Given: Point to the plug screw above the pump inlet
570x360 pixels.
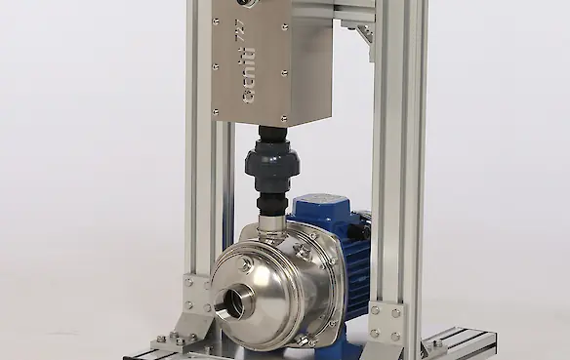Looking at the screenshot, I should pos(245,264).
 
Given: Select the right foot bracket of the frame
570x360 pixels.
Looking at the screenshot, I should pos(385,323).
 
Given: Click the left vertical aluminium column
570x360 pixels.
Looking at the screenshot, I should pos(199,176).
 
